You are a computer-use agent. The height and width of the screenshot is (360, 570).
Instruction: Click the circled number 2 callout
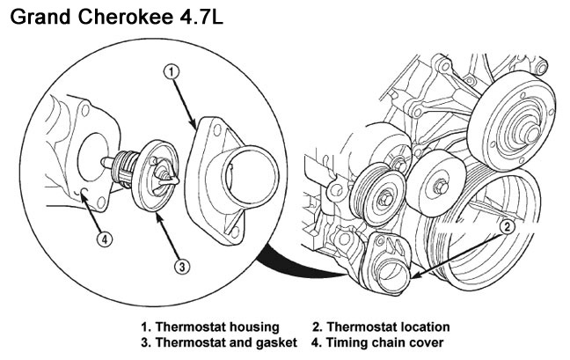(x=508, y=226)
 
